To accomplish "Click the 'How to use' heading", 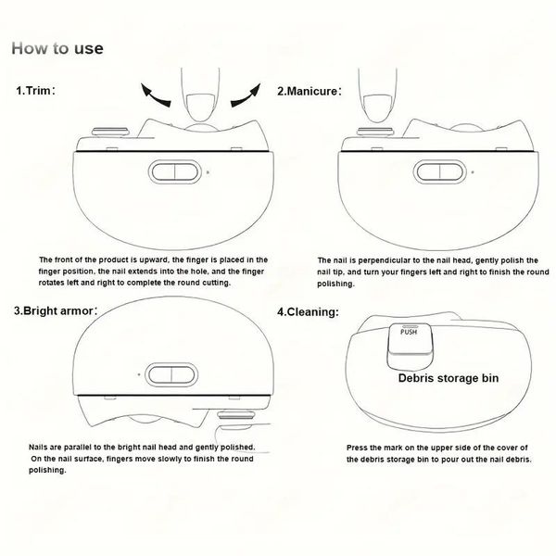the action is point(57,48).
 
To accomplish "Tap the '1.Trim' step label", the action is point(35,91).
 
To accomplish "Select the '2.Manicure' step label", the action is point(310,91).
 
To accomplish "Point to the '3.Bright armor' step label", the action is point(56,311).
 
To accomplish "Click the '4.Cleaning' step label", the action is point(308,312).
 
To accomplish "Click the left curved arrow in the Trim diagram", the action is point(156,95).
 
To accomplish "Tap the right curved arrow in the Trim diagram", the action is point(246,95).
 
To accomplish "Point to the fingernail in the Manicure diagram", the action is point(378,108).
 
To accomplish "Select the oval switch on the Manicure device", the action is point(439,172).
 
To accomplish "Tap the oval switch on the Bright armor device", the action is point(171,374).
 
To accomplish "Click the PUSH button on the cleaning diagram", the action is point(410,338).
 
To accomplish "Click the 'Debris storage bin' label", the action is point(449,378).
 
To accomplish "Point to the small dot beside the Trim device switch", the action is point(208,172).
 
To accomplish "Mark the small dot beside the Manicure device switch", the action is point(473,172).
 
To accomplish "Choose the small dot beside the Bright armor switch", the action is point(139,374).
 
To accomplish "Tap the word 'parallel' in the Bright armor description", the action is point(79,448).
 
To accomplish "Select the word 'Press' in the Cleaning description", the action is point(357,448).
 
